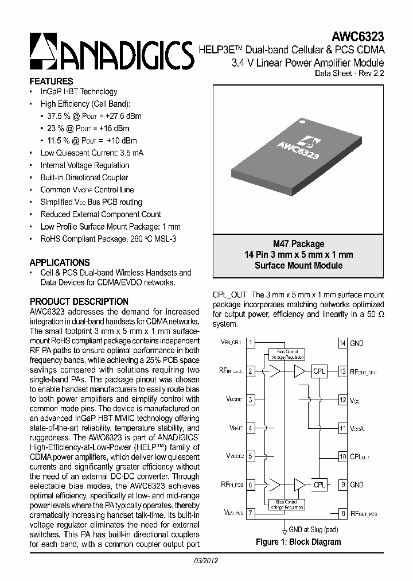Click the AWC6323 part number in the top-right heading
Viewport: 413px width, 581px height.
[x=357, y=38]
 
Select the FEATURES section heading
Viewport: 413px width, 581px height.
[x=51, y=82]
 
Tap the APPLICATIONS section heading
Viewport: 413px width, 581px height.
[x=60, y=262]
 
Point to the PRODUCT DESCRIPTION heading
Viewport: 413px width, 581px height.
[x=79, y=301]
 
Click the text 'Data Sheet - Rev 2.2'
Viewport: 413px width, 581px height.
[x=350, y=73]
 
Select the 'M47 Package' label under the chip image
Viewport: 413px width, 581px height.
[x=298, y=244]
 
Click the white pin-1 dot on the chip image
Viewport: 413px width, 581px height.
[x=299, y=121]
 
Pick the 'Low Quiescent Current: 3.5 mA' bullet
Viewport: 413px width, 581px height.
[x=92, y=153]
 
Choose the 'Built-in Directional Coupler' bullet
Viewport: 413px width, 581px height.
[x=84, y=177]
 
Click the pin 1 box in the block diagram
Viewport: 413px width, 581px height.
[x=251, y=343]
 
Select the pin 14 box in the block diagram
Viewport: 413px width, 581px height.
[x=342, y=343]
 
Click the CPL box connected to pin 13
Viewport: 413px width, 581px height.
[x=319, y=371]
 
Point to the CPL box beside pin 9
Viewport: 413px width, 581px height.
[x=319, y=485]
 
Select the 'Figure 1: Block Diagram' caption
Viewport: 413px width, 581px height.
[x=298, y=542]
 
